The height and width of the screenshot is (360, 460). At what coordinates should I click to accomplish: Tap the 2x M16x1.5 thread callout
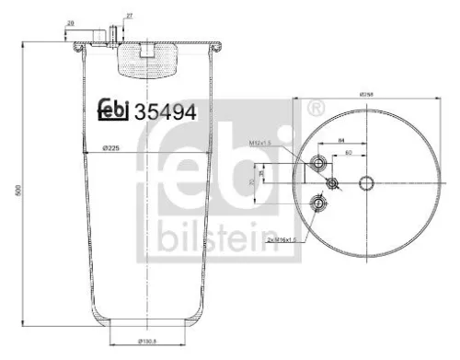[284, 239]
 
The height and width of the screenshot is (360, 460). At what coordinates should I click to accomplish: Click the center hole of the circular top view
[364, 182]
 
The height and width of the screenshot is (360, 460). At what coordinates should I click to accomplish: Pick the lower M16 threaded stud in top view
[321, 202]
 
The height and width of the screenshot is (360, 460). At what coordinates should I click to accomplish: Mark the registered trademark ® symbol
[316, 109]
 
